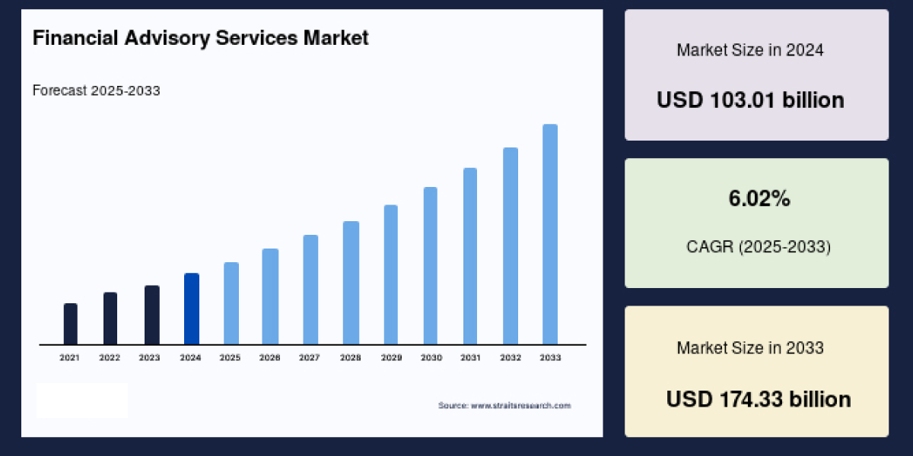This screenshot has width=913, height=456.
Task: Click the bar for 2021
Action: pos(70,324)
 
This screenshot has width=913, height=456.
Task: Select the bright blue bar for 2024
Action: pos(192,309)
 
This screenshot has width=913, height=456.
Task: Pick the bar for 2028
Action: pos(351,283)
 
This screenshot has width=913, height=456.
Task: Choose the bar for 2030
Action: pos(431,265)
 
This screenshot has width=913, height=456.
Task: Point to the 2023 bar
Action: pos(152,315)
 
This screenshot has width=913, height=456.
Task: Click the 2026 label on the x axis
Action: pos(270,357)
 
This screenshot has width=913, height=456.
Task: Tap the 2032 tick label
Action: pos(511,357)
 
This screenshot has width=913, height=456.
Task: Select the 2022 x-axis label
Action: pos(110,357)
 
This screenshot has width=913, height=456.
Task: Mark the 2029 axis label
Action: pos(390,357)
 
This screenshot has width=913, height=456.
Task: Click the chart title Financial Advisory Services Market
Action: pos(200,38)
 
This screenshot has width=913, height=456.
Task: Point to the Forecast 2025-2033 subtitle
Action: pos(96,90)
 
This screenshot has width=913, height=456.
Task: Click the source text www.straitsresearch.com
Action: pos(504,406)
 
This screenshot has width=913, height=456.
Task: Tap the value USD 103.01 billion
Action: pos(750,100)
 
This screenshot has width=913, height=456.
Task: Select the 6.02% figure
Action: pos(759,199)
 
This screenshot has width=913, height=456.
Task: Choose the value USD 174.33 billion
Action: pos(759,399)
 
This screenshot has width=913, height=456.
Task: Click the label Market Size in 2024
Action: pos(750,50)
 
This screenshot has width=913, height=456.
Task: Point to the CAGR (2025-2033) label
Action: pos(759,247)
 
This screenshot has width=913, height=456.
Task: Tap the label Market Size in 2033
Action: pos(750,348)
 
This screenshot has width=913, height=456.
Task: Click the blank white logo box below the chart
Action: pos(82,401)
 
